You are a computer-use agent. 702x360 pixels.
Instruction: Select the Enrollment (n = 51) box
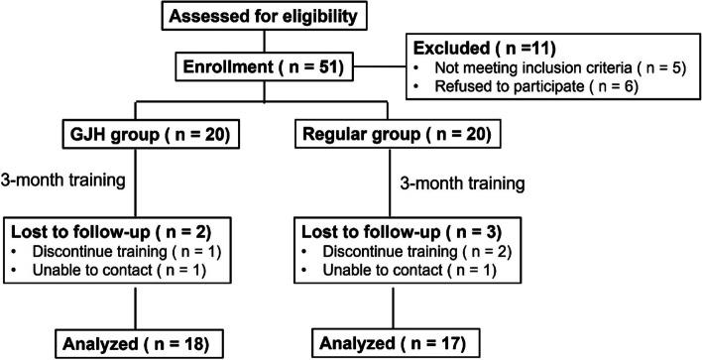coord(277,67)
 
